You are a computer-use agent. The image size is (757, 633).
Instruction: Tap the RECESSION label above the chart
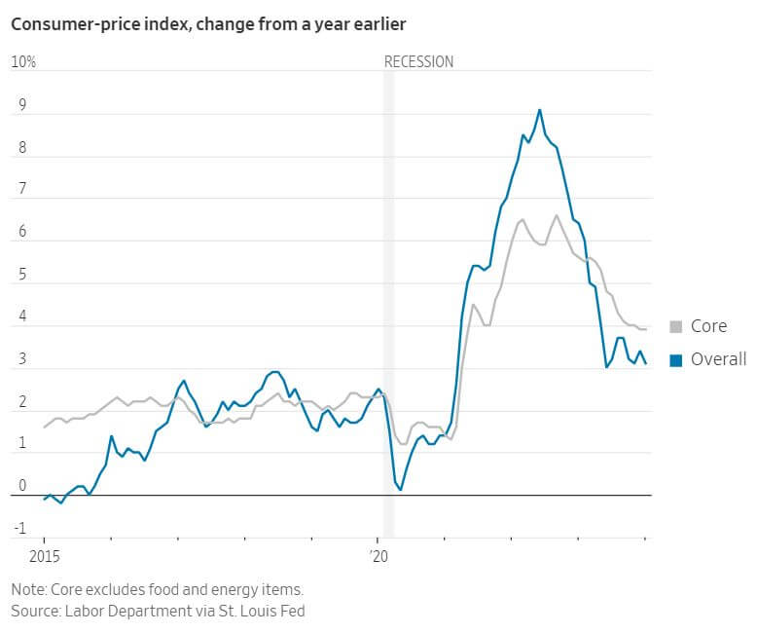click(x=418, y=62)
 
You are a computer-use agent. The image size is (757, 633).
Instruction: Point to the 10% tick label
click(x=23, y=62)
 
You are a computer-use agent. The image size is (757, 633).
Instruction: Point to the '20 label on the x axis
click(x=378, y=557)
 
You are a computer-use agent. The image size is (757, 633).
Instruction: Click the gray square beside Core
click(x=676, y=327)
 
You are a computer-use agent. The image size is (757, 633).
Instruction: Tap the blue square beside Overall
click(x=676, y=360)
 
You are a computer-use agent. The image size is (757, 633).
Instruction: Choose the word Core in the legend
click(x=708, y=327)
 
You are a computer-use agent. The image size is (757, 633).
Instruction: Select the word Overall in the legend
click(x=718, y=360)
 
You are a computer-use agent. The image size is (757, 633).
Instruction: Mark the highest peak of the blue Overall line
click(x=540, y=110)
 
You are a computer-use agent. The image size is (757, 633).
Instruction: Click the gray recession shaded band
click(x=388, y=292)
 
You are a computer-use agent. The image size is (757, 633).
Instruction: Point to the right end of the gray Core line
click(x=646, y=330)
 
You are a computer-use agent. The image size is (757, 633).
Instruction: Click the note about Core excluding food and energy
click(x=158, y=590)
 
